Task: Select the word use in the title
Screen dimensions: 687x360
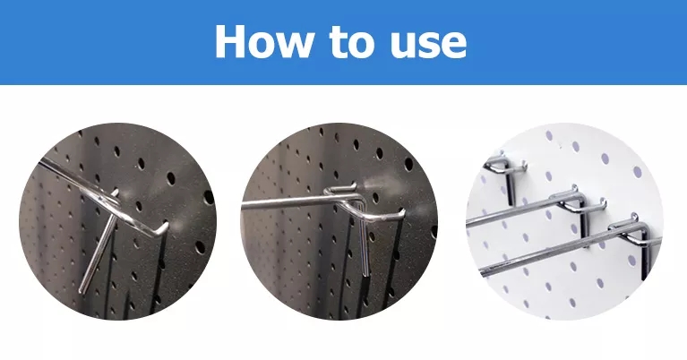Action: point(428,46)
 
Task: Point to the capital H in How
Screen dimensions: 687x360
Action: point(229,41)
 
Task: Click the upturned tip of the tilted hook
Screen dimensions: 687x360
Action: point(165,226)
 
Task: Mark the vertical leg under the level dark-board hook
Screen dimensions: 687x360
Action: point(364,239)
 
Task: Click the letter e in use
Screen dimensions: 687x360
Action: point(454,46)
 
